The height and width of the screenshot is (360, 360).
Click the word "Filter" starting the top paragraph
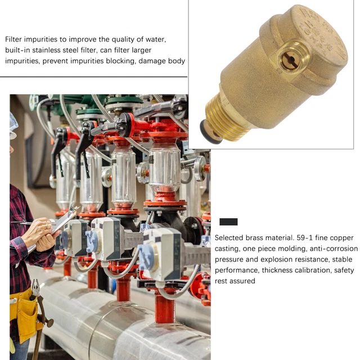tap(13, 39)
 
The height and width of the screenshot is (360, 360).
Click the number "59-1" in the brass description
tap(304, 237)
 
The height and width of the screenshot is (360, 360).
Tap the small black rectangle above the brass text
tap(228, 222)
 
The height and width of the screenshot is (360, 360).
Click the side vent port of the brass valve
tap(291, 58)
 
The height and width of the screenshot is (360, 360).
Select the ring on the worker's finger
tap(47, 226)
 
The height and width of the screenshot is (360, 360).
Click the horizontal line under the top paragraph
tap(94, 76)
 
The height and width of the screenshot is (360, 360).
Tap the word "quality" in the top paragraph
tap(123, 39)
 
